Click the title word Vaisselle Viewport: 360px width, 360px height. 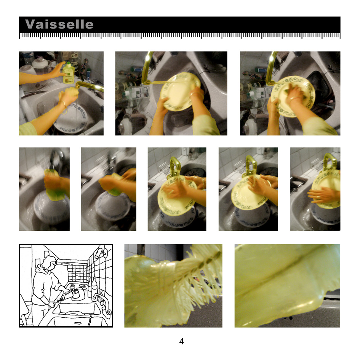[x=59, y=24]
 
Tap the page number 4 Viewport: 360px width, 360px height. [x=181, y=341]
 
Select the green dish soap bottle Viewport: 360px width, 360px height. [x=69, y=73]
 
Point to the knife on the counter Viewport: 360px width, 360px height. [x=34, y=94]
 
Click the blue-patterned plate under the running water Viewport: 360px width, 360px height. [x=71, y=118]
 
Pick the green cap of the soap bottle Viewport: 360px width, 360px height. [x=68, y=63]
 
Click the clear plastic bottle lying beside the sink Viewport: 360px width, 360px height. [x=136, y=93]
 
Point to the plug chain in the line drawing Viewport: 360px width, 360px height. [x=90, y=320]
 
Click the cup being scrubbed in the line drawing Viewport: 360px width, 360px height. [x=75, y=294]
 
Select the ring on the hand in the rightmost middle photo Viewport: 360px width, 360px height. [x=319, y=197]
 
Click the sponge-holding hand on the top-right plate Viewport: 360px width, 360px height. [x=294, y=94]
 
